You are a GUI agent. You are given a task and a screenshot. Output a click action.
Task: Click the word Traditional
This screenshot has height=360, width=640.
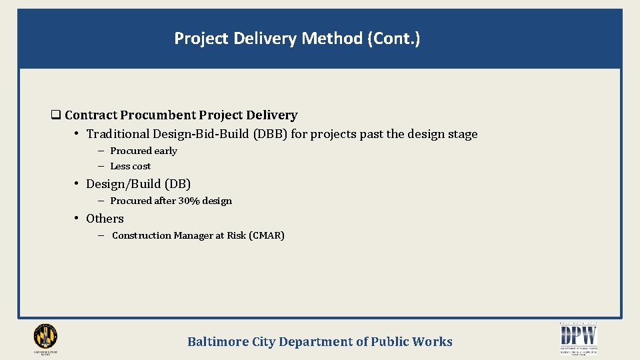[117, 134]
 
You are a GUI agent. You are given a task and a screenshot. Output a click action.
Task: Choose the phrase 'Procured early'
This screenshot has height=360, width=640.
[143, 151]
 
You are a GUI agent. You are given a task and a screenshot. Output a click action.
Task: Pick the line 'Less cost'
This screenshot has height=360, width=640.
[130, 166]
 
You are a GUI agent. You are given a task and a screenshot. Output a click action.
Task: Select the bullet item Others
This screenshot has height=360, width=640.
[105, 219]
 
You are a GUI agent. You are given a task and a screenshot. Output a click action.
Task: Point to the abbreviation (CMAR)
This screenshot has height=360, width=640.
[267, 235]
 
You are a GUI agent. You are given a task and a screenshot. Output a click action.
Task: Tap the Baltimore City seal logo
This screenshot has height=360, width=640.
[45, 337]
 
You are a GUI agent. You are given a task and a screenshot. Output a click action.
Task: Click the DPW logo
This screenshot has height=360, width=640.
[578, 337]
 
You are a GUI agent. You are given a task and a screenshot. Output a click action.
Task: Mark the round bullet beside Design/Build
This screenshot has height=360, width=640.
[78, 183]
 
